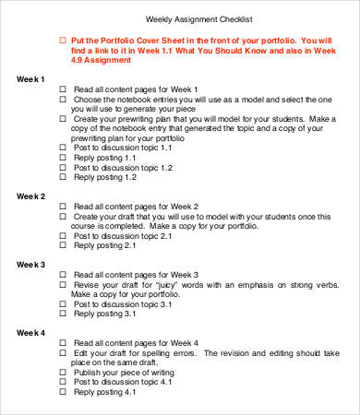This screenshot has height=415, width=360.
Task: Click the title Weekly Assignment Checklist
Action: pyautogui.click(x=199, y=19)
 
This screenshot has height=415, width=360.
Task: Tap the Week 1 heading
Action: pyautogui.click(x=31, y=79)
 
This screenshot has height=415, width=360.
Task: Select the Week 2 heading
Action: pyautogui.click(x=31, y=196)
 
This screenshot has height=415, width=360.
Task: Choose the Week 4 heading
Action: pyautogui.click(x=31, y=331)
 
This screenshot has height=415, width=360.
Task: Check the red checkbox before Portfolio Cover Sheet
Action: pyautogui.click(x=64, y=41)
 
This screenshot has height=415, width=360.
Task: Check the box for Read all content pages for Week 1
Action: pyautogui.click(x=64, y=90)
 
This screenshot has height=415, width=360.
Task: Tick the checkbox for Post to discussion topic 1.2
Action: pyautogui.click(x=64, y=169)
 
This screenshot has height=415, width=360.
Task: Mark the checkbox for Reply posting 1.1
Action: pyautogui.click(x=64, y=158)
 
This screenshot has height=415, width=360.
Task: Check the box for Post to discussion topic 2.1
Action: pyautogui.click(x=64, y=236)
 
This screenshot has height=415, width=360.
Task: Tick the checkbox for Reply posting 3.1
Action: pyautogui.click(x=64, y=314)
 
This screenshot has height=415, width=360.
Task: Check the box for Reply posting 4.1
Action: pyautogui.click(x=64, y=392)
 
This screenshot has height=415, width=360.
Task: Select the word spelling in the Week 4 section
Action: pyautogui.click(x=164, y=353)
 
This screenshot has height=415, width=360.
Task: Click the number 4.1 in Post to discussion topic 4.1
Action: pyautogui.click(x=165, y=381)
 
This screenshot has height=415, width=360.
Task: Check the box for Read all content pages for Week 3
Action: pyautogui.click(x=64, y=275)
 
